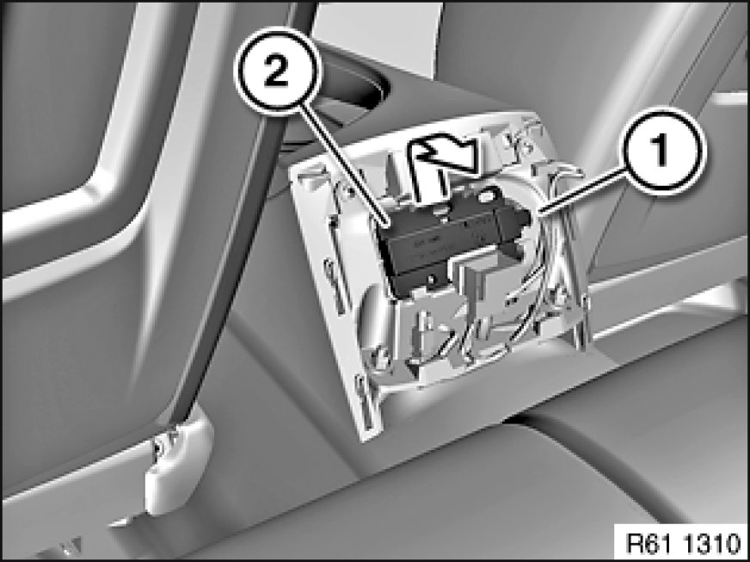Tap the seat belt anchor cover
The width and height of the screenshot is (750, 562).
pyautogui.click(x=178, y=460)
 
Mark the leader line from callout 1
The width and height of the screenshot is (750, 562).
pyautogui.click(x=581, y=191)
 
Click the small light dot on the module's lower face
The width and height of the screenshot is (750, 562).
pyautogui.click(x=432, y=279)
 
